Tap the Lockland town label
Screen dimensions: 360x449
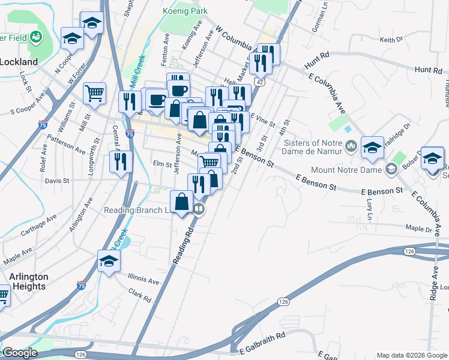[19, 61]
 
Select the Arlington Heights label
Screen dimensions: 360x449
[28, 281]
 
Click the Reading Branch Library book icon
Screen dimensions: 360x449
[199, 209]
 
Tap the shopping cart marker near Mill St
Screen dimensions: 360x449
[94, 93]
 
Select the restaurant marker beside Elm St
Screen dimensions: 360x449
[121, 161]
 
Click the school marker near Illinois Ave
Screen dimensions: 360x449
[109, 260]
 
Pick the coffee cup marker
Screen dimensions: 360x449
[157, 99]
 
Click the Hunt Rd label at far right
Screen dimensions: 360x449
[428, 70]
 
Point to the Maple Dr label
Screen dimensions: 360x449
[419, 229]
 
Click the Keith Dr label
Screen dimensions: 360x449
[391, 40]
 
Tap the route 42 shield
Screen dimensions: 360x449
[259, 81]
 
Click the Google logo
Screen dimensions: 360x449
[19, 353]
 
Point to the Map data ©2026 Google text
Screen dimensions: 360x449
[411, 355]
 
